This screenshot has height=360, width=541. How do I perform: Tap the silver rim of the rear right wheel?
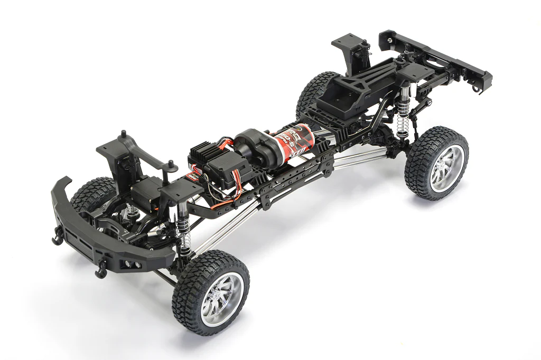point(442,165)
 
